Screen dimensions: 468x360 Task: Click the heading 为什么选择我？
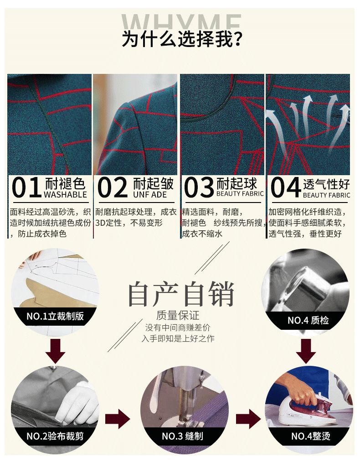[181, 39]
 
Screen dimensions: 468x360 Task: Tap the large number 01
[26, 187]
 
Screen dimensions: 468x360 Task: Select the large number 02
[113, 187]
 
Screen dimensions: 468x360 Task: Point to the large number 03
[199, 187]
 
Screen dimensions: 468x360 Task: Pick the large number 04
[285, 187]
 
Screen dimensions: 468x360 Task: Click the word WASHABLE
[65, 195]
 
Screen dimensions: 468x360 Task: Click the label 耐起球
[237, 183]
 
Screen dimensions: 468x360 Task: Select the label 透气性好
[326, 184]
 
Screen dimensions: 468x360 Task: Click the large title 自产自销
[181, 294]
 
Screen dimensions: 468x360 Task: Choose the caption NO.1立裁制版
[55, 316]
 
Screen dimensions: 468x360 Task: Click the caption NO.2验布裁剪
[55, 436]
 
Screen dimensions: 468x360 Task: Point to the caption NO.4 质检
[308, 320]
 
